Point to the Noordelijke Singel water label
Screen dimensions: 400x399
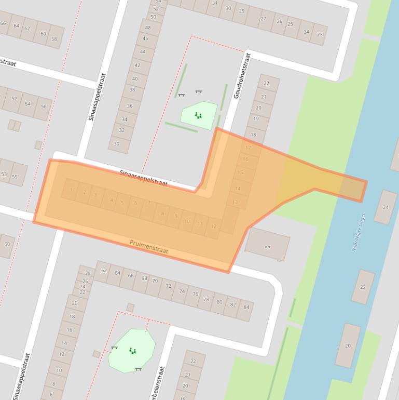pyautogui.click(x=359, y=232)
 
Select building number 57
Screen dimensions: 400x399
pyautogui.click(x=268, y=248)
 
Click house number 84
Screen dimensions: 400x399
pyautogui.click(x=246, y=307)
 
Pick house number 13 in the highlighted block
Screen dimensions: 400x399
pyautogui.click(x=236, y=202)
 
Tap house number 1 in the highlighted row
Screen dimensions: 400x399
pyautogui.click(x=71, y=190)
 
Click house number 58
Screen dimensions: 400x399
pyautogui.click(x=54, y=39)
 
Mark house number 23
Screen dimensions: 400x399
pyautogui.click(x=320, y=35)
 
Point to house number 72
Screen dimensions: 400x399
pyautogui.click(x=168, y=286)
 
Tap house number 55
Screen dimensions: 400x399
pyautogui.click(x=15, y=177)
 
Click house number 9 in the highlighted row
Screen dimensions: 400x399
pyautogui.click(x=176, y=216)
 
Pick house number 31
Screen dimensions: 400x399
pyautogui.click(x=214, y=3)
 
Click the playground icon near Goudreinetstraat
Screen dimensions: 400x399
pyautogui.click(x=198, y=115)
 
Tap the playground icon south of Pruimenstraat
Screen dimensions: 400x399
pyautogui.click(x=133, y=351)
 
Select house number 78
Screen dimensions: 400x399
pyautogui.click(x=207, y=300)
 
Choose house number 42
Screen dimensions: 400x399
pyautogui.click(x=137, y=65)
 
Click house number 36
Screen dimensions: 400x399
pyautogui.click(x=129, y=106)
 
